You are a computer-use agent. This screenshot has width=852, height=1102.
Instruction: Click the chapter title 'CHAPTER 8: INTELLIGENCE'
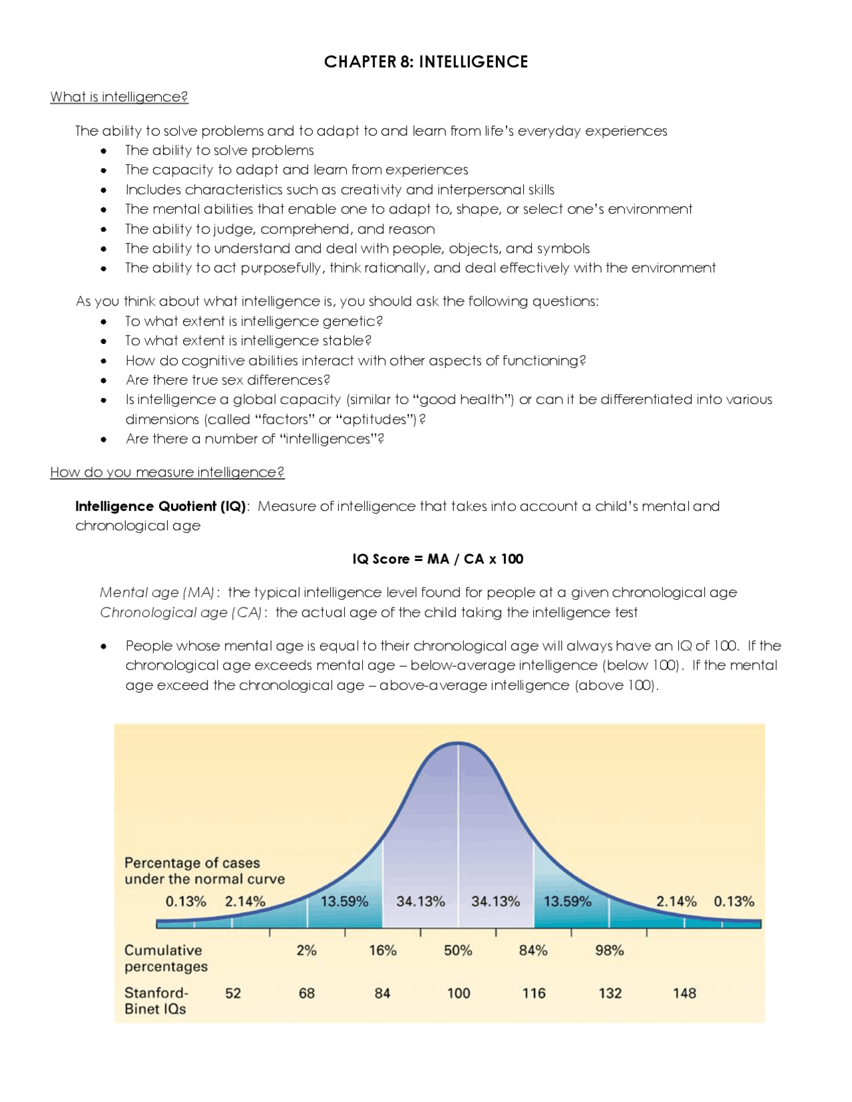click(426, 62)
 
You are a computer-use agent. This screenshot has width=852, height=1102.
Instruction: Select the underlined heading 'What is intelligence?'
click(119, 97)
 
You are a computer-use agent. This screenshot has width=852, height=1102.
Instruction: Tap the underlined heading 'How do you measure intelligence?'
click(167, 472)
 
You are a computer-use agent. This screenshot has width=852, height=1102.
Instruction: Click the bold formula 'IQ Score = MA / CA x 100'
click(437, 559)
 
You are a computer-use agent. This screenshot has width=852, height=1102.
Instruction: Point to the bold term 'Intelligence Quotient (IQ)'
click(160, 506)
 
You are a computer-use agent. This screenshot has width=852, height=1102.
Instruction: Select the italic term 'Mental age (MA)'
click(157, 592)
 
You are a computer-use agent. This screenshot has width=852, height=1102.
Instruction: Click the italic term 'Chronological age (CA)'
click(180, 612)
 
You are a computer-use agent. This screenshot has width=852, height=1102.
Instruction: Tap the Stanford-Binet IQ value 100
click(458, 994)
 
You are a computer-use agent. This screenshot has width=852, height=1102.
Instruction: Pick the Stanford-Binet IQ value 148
click(684, 994)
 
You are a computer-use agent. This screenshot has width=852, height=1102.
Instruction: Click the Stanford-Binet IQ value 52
click(233, 994)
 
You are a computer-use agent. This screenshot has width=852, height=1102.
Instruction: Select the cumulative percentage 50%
click(458, 951)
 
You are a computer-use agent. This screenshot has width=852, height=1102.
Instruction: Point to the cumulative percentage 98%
click(609, 951)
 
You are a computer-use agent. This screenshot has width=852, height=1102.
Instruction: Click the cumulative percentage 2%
click(306, 951)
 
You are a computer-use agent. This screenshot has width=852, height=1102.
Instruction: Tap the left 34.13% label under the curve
click(421, 902)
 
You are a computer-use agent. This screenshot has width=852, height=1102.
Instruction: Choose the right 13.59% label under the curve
click(567, 902)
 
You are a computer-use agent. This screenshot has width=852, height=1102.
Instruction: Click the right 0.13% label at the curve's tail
click(734, 902)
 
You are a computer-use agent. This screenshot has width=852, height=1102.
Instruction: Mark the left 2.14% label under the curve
click(245, 902)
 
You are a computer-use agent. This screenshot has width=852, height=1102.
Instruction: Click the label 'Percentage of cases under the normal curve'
click(204, 871)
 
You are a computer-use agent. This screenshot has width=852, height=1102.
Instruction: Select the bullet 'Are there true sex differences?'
click(228, 380)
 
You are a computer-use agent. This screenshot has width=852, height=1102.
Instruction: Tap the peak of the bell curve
click(458, 743)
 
